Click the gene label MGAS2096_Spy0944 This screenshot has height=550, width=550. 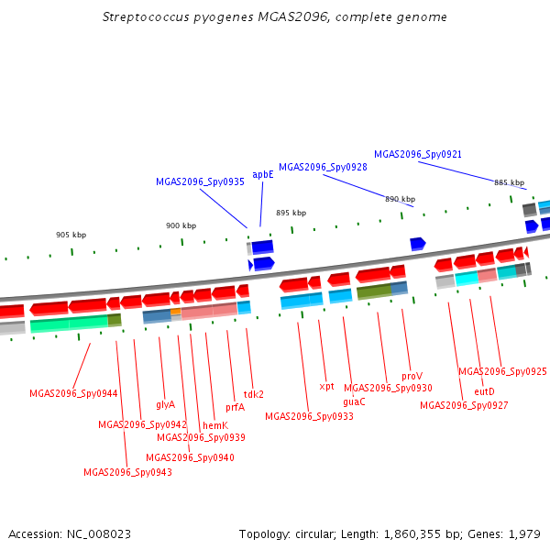coord(73,393)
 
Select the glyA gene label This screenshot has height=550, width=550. coord(165,404)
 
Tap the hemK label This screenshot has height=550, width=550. coord(214,425)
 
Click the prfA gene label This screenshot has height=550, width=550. coord(235,408)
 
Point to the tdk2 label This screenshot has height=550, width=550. coord(253,394)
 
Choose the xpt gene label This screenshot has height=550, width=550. coord(326,386)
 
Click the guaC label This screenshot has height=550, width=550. coord(354,401)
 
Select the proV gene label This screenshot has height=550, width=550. coord(412,376)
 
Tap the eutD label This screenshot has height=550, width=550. coord(484,391)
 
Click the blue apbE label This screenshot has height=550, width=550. coord(263,174)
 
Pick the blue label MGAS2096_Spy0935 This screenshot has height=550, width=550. coord(200,182)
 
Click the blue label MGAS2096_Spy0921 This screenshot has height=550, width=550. coord(418,154)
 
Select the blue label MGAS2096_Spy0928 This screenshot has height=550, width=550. coord(323,167)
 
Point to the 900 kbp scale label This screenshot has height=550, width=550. coord(181,225)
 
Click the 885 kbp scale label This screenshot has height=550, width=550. coord(509,182)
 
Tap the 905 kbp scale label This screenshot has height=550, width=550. coord(71,235)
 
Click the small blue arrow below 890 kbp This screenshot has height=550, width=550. coord(417,243)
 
